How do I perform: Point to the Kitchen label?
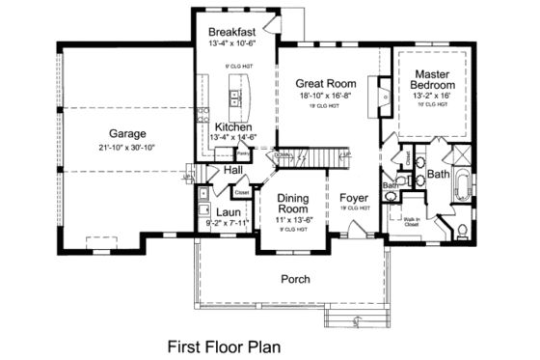tap(233, 126)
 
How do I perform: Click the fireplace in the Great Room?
tap(384, 97)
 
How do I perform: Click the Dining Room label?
tap(292, 203)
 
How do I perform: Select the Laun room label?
tap(228, 212)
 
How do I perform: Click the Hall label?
tap(234, 170)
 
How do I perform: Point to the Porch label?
tap(294, 279)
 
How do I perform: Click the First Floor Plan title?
tap(226, 343)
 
